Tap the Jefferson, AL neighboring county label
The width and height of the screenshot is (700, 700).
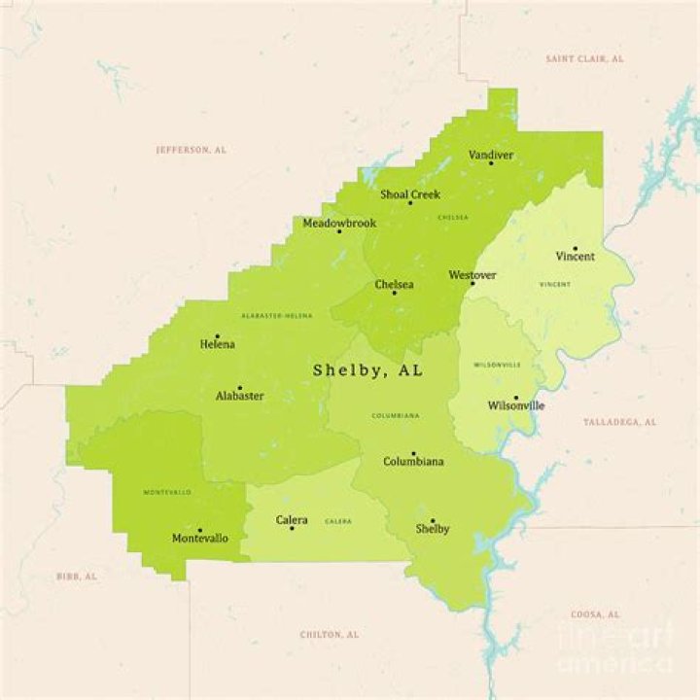tap(191, 150)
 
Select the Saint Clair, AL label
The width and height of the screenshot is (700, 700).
tap(584, 59)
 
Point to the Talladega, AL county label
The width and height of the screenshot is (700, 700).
tap(619, 422)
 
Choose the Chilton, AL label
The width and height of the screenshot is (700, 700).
tap(329, 634)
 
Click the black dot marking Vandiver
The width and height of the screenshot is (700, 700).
tap(491, 163)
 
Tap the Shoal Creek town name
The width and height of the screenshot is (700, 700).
tap(410, 194)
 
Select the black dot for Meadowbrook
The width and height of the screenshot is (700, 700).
tap(339, 231)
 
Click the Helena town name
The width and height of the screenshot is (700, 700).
tap(217, 344)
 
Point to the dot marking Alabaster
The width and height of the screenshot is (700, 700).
tap(240, 387)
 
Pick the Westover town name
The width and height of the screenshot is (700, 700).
tap(472, 275)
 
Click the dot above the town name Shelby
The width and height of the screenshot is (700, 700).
tap(433, 520)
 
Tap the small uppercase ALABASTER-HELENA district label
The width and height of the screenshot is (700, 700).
tap(277, 316)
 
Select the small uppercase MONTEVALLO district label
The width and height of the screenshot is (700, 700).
tap(167, 492)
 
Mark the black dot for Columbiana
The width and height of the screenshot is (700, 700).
tap(413, 453)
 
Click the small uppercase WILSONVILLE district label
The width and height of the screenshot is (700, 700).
tap(497, 365)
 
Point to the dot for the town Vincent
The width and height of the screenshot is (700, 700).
tap(575, 248)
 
